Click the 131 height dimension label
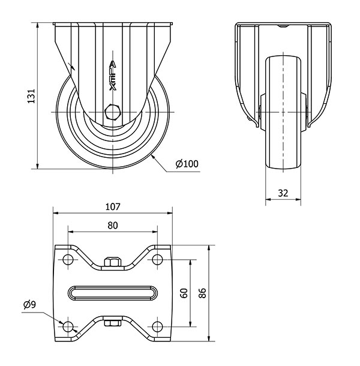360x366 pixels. (x=31, y=96)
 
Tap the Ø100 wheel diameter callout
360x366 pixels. (x=187, y=164)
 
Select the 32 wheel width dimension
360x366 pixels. (x=283, y=193)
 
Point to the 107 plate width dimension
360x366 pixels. (x=113, y=207)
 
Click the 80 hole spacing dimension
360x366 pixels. (x=113, y=226)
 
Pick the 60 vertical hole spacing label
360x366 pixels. (x=184, y=293)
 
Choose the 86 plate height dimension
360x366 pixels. (x=202, y=293)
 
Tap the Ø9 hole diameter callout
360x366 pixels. (x=29, y=305)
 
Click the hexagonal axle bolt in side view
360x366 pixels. (x=113, y=112)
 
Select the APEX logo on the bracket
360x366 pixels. (x=113, y=76)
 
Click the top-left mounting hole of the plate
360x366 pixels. (x=68, y=259)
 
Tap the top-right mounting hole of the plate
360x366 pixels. (x=157, y=259)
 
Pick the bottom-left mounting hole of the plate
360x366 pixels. (x=68, y=326)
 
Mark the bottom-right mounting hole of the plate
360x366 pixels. (x=157, y=326)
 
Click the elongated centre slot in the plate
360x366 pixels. (x=113, y=293)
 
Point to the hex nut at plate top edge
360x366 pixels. (x=113, y=262)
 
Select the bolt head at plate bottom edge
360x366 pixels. (x=113, y=323)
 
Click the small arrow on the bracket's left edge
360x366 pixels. (x=71, y=66)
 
